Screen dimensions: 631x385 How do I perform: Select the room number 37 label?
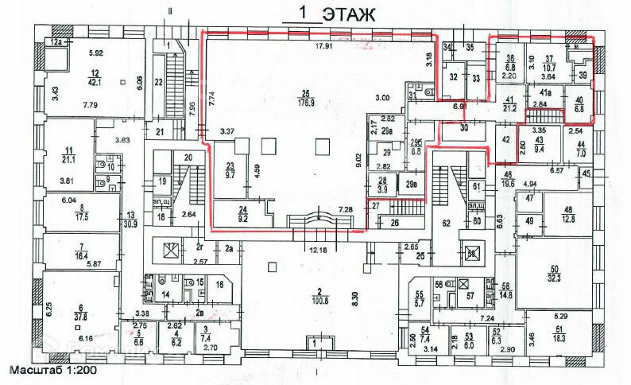(x=548, y=58)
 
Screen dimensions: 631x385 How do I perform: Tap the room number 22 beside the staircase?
(x=158, y=81)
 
